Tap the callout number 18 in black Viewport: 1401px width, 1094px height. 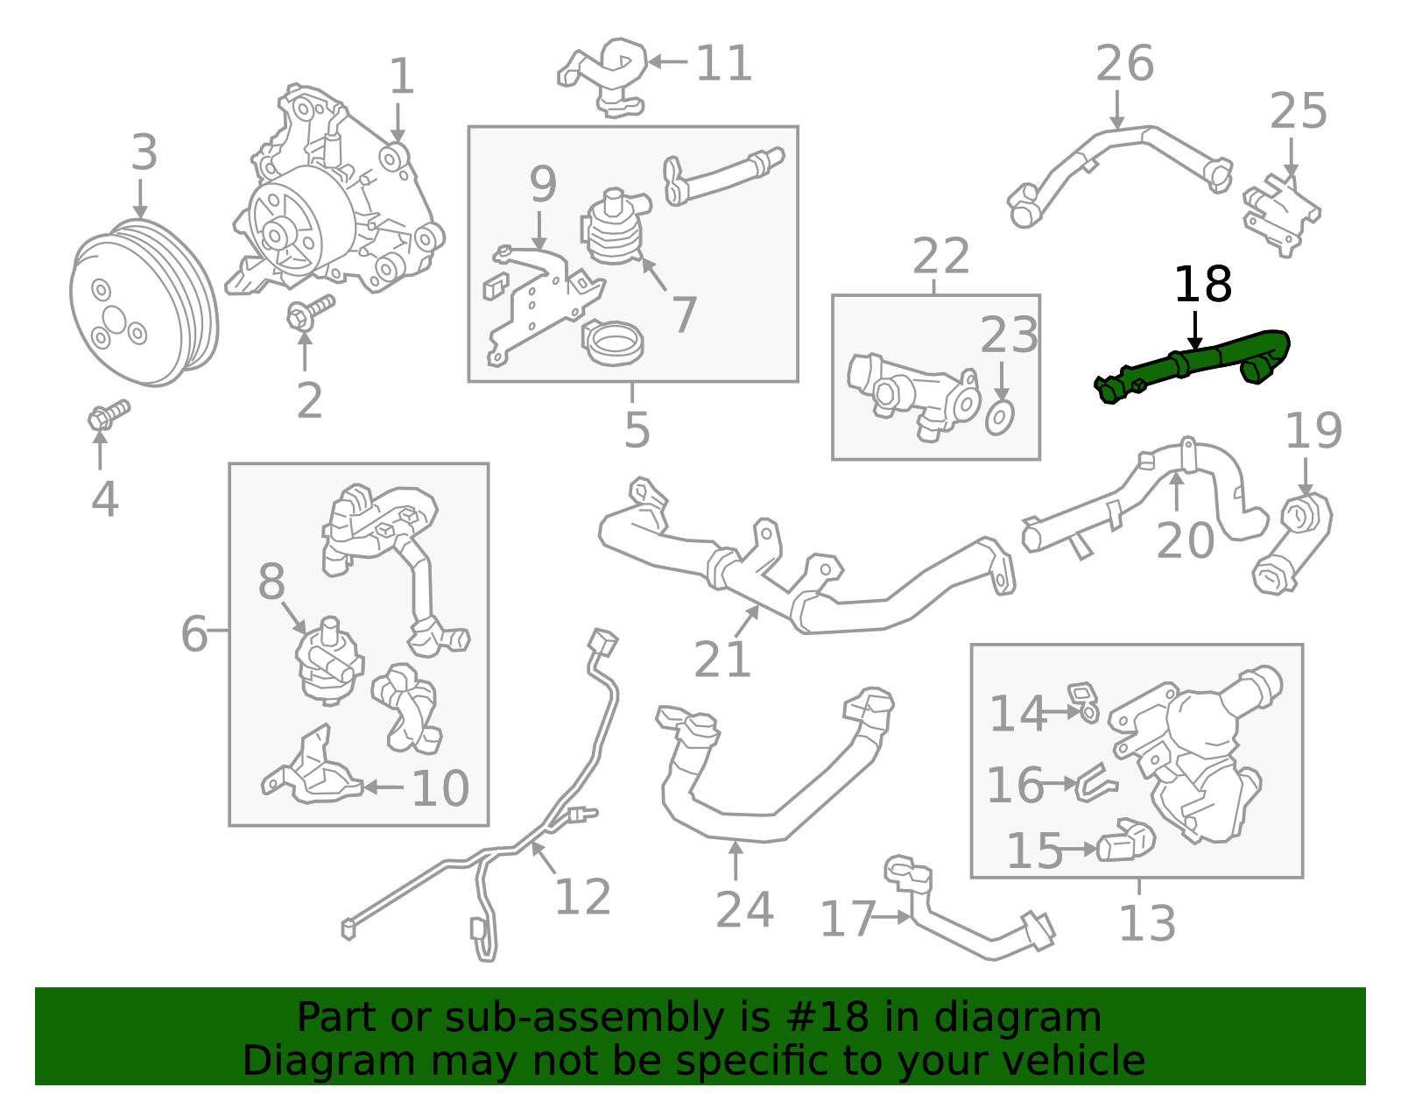[1202, 285]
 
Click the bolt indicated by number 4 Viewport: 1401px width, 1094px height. [107, 415]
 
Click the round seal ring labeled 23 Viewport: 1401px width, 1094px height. [1000, 418]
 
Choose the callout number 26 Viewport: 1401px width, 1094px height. [1124, 64]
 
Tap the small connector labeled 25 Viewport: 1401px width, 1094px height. [1280, 215]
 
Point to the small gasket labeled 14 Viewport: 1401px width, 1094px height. [1084, 701]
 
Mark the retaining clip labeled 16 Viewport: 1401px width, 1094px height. [1096, 781]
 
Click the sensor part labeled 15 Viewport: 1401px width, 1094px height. [1126, 841]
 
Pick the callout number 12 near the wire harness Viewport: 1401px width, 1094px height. [582, 897]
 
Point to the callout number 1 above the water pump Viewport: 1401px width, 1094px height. [401, 77]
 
